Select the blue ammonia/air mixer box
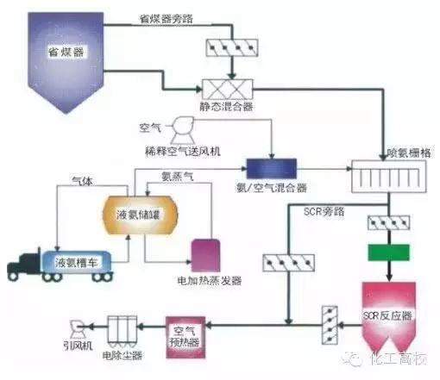click(267, 166)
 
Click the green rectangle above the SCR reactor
click(386, 254)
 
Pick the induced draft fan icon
click(77, 328)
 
